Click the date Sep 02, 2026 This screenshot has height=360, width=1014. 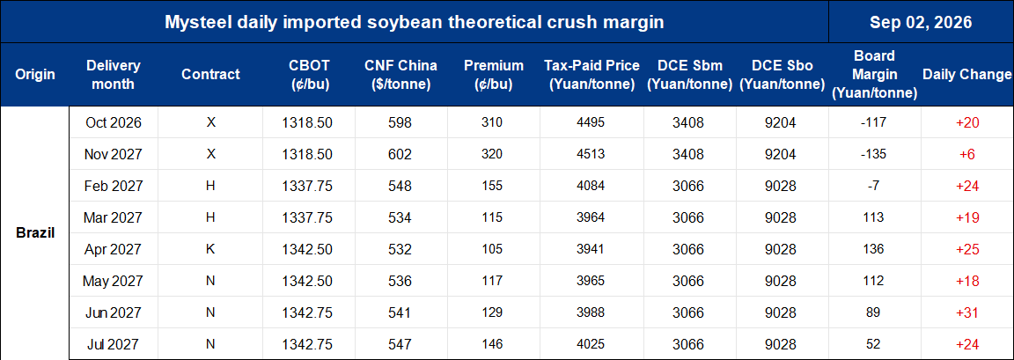point(920,23)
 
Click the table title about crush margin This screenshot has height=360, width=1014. point(415,23)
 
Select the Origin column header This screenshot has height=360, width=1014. point(35,74)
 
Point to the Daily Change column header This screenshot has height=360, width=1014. point(966,74)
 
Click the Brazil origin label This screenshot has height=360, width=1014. point(35,233)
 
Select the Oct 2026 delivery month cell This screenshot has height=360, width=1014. point(114,122)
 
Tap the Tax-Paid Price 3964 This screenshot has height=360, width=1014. point(591,217)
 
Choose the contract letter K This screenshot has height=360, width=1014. point(210,249)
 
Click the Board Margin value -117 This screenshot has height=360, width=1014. point(874,122)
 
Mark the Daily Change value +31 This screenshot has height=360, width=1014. point(966,312)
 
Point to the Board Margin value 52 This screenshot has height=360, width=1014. point(874,344)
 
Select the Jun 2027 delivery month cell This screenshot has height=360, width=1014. point(114,312)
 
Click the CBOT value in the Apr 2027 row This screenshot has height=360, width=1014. point(307,249)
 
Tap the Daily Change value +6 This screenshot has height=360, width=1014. point(966,154)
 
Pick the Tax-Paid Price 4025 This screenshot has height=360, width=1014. point(591,344)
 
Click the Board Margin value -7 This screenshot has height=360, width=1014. point(874,186)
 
